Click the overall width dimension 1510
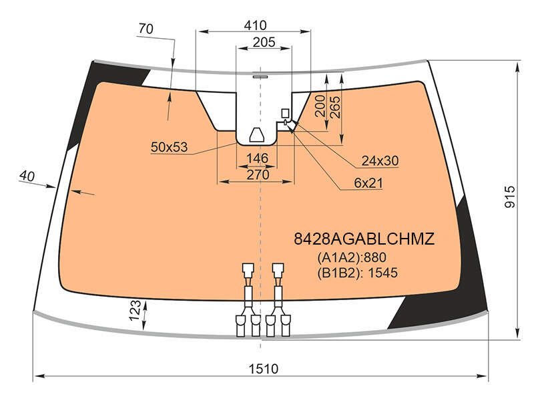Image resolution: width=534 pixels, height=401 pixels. coord(263,369)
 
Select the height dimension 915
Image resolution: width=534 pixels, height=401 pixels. coord(510,196)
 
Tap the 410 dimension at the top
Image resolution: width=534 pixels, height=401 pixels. coord(256,25)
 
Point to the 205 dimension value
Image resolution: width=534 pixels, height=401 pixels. coord(264,42)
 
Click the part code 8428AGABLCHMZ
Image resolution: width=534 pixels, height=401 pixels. coord(364,239)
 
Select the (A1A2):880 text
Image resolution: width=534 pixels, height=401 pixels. coord(352,257)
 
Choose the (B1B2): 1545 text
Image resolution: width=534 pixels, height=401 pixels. coord(358,273)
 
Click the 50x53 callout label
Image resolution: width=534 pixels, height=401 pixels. coord(170,147)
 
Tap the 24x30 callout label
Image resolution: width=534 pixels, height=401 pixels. coord(380,160)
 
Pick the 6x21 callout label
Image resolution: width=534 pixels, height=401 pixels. coord(368,183)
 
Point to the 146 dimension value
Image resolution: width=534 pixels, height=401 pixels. coord(258,158)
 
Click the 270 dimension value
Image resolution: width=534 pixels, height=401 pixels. coord(258,174)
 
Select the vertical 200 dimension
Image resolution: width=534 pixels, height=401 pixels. coord(320,106)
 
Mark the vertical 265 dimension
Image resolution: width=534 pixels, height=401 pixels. coord(335,107)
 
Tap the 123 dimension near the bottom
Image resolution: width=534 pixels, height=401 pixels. coord(136,310)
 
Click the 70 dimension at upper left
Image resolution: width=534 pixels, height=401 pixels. coord(146,29)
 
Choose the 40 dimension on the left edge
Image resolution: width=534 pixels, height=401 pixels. coord(27,176)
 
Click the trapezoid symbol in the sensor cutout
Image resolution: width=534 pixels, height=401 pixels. coord(257,135)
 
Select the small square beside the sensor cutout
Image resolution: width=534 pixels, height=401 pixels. coord(285,113)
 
